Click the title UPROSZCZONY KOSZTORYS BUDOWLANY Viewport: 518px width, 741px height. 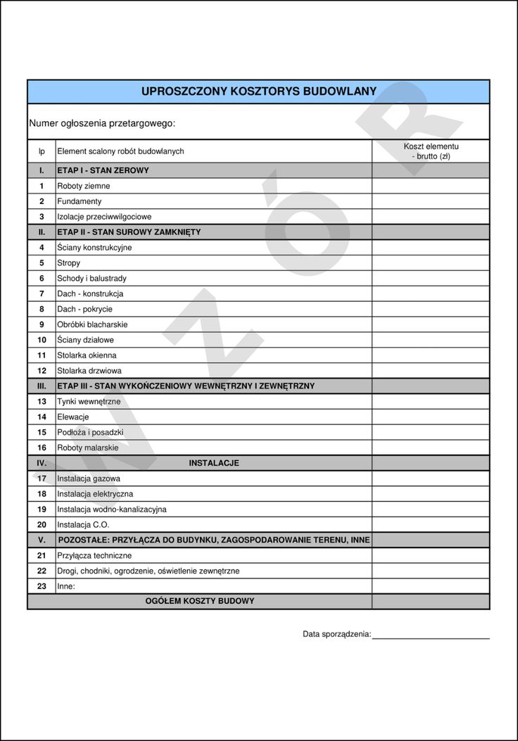(258, 91)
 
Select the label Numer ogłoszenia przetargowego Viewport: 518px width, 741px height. (102, 123)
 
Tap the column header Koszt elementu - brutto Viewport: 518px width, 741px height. (431, 151)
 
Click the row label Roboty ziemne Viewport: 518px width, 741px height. (83, 186)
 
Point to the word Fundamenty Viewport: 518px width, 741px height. (79, 201)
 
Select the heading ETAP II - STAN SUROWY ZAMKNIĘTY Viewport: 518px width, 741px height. (129, 232)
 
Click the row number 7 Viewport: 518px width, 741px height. (42, 293)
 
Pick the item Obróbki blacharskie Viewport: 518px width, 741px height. (92, 324)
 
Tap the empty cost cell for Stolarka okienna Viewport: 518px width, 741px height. (431, 355)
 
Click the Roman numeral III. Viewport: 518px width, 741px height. (42, 386)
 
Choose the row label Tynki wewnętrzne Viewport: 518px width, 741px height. (89, 401)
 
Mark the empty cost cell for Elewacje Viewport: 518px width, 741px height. (431, 417)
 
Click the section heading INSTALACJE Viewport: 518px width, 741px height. (214, 463)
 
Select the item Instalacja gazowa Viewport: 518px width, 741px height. (89, 479)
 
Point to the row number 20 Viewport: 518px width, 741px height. (42, 524)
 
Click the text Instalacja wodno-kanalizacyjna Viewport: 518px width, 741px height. (112, 509)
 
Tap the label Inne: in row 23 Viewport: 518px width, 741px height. (66, 585)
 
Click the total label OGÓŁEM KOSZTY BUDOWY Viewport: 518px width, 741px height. (200, 601)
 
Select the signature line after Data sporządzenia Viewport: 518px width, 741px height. (431, 637)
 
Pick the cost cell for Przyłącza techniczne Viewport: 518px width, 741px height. (431, 555)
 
